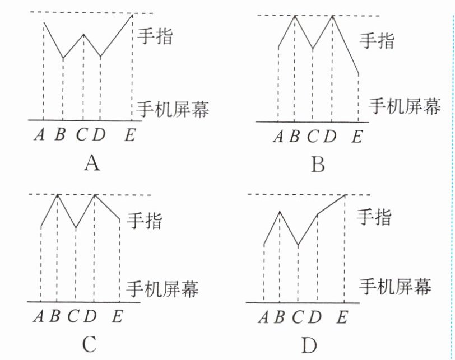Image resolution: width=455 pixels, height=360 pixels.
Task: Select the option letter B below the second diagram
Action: click(318, 165)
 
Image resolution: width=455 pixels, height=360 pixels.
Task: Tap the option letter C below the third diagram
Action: click(90, 344)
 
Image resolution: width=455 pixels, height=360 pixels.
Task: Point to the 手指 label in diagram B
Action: click(377, 40)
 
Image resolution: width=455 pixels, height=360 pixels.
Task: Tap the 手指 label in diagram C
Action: click(145, 220)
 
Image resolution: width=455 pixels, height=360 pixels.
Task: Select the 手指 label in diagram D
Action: click(374, 216)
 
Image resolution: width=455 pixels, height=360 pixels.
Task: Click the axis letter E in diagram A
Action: click(130, 135)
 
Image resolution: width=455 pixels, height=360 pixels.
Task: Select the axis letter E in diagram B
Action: click(357, 136)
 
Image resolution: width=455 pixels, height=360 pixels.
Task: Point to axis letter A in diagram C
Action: click(39, 316)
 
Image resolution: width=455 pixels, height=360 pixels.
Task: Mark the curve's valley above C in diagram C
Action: click(76, 228)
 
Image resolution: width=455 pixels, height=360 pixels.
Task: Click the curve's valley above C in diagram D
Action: click(298, 245)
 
